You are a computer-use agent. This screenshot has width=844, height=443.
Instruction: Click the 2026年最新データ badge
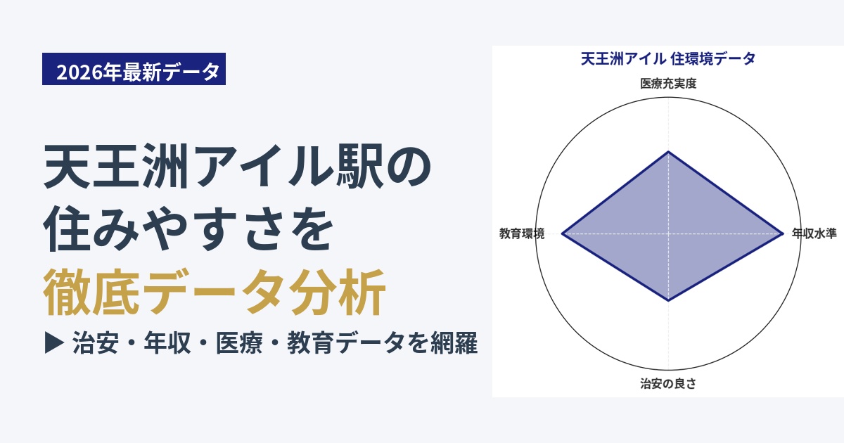pyautogui.click(x=134, y=69)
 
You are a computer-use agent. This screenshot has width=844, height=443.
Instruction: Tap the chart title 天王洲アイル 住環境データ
pyautogui.click(x=668, y=59)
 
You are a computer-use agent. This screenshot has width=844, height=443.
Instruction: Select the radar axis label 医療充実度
pyautogui.click(x=668, y=84)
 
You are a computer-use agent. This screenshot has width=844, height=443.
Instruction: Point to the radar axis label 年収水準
pyautogui.click(x=814, y=233)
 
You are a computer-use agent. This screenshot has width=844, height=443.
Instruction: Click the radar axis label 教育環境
pyautogui.click(x=522, y=233)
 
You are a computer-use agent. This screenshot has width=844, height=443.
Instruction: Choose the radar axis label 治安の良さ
pyautogui.click(x=668, y=383)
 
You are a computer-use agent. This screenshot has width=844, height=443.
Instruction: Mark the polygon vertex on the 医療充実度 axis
pyautogui.click(x=668, y=151)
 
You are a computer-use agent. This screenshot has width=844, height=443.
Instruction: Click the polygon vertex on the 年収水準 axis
pyautogui.click(x=783, y=233)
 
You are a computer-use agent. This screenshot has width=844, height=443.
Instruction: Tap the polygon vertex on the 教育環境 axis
pyautogui.click(x=562, y=233)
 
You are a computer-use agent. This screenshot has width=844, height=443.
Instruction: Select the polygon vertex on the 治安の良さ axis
pyautogui.click(x=668, y=301)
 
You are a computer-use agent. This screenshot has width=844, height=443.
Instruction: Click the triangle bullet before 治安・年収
pyautogui.click(x=54, y=342)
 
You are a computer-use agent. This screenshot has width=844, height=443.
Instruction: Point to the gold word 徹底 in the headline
pyautogui.click(x=91, y=292)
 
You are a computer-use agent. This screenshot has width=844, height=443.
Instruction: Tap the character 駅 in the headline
pyautogui.click(x=359, y=166)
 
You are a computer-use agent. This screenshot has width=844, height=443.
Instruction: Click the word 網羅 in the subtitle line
pyautogui.click(x=454, y=343)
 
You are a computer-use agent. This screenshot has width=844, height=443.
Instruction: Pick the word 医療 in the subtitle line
pyautogui.click(x=239, y=343)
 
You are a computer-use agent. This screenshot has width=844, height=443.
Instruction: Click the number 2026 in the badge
pyautogui.click(x=79, y=72)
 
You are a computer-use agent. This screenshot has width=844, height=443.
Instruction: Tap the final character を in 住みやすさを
pyautogui.click(x=311, y=229)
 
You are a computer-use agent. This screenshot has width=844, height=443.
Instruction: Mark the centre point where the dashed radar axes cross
pyautogui.click(x=668, y=233)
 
